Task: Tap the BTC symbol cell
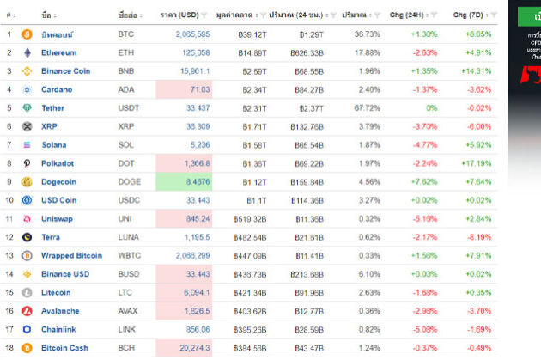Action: (125, 34)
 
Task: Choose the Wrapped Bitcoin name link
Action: (71, 256)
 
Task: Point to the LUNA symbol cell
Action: (128, 237)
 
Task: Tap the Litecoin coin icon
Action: (27, 293)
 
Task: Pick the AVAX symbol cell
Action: (128, 311)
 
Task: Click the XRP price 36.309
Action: (197, 126)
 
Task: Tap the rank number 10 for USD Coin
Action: (9, 200)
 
